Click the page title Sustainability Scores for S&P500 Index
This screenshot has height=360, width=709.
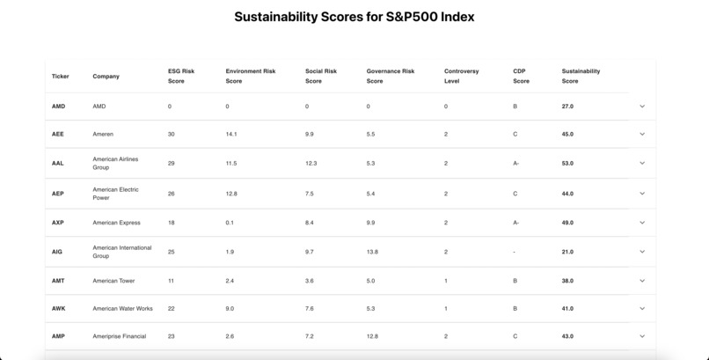tap(354, 17)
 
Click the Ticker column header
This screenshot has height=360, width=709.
tap(60, 77)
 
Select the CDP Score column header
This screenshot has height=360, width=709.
tap(522, 77)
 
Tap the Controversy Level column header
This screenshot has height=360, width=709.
tap(461, 77)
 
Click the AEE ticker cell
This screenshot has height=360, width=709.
tap(58, 135)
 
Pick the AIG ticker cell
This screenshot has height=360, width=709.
tap(57, 252)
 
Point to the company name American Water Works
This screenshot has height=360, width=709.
tap(122, 309)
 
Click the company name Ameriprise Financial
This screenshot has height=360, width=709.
tap(119, 336)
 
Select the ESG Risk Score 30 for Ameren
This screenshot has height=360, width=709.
tap(171, 135)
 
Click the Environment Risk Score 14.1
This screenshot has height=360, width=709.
tap(231, 135)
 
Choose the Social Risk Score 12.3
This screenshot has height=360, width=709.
tap(311, 163)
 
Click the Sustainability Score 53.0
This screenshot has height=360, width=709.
tap(567, 163)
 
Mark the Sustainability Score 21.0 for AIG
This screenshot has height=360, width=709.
tap(567, 252)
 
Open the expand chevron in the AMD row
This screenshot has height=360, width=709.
tap(642, 107)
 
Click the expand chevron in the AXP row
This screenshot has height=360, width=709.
tap(642, 223)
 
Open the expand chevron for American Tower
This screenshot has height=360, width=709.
tap(642, 281)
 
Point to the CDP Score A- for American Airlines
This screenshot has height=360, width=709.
tap(516, 163)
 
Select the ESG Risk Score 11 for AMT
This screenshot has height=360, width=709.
tap(171, 281)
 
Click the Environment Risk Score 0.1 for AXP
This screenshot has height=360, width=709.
tap(230, 223)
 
